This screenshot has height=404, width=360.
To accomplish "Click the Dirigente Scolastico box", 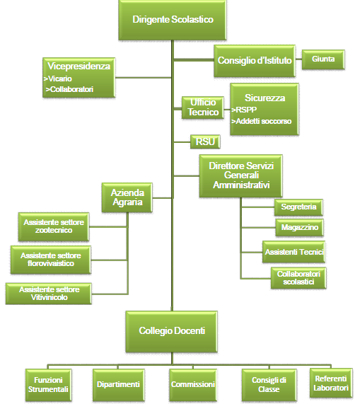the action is [173, 20].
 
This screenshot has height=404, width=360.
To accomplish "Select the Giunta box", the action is [323, 59].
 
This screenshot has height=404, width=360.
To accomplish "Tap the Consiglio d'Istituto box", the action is [255, 61].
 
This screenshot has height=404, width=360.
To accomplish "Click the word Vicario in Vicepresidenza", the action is [59, 79].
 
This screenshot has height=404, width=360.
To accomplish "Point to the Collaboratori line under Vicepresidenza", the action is [69, 89].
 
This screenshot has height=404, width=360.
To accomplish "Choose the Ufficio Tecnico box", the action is [203, 108].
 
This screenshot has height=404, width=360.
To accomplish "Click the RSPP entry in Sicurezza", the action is [246, 110].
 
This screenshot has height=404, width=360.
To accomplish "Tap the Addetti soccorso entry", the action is [263, 121].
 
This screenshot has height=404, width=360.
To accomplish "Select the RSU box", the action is [205, 142].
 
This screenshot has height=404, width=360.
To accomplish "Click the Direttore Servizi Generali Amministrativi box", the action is [240, 176].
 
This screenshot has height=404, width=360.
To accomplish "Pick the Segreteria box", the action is [298, 207].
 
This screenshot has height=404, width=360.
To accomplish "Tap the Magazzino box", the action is [299, 228].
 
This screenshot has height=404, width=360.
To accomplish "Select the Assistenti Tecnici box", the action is [294, 252].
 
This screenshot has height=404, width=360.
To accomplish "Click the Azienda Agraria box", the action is [127, 197].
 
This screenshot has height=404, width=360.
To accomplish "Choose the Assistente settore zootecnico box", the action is [54, 226].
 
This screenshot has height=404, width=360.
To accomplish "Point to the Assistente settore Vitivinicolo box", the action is [49, 294].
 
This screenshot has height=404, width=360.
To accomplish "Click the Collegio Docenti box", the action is [171, 332].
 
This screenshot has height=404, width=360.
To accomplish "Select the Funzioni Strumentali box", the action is [48, 385].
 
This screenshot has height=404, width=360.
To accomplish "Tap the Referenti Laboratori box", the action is [331, 384].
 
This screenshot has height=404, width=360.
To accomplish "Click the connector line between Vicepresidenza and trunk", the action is [143, 77].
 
